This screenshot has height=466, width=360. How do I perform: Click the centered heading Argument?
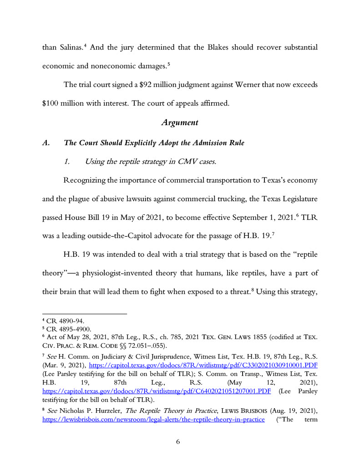click(x=180, y=123)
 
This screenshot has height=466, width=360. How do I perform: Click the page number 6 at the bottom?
click(x=179, y=441)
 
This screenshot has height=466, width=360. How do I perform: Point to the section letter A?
click(x=45, y=143)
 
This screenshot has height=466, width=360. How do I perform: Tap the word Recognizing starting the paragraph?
click(x=84, y=180)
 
